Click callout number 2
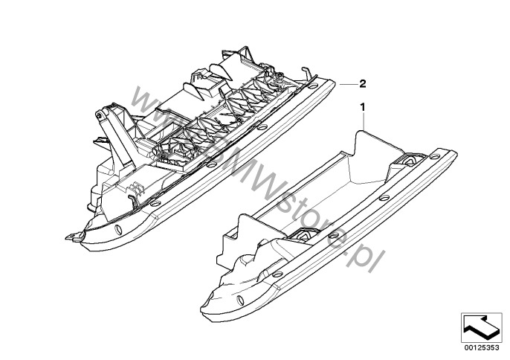coord(363,84)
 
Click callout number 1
coord(363,107)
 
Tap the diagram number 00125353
coord(482,347)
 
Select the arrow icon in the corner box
coord(481,327)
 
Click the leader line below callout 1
coord(364,121)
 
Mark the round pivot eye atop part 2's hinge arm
coord(99,115)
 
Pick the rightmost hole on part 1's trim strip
coord(434,156)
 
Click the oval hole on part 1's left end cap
coord(240,300)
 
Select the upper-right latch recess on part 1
coord(411,160)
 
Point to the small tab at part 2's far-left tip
coord(73,236)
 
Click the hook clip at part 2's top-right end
coord(307,73)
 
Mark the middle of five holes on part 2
coord(212,164)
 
